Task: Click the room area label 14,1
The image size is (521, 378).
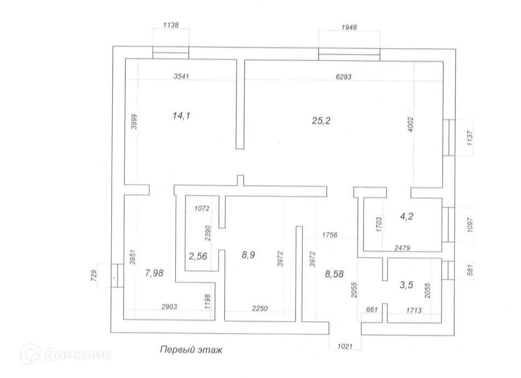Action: pos(181,115)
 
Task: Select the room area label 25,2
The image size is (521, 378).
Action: pos(321,121)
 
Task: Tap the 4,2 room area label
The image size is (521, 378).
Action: pos(407,216)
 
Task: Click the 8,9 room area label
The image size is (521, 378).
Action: pos(248,254)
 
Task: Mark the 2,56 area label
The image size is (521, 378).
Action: pos(198,255)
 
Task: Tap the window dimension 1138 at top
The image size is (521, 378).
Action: pos(171,25)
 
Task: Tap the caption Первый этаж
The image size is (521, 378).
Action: pos(191,349)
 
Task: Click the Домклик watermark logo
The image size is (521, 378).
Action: pos(66,354)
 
